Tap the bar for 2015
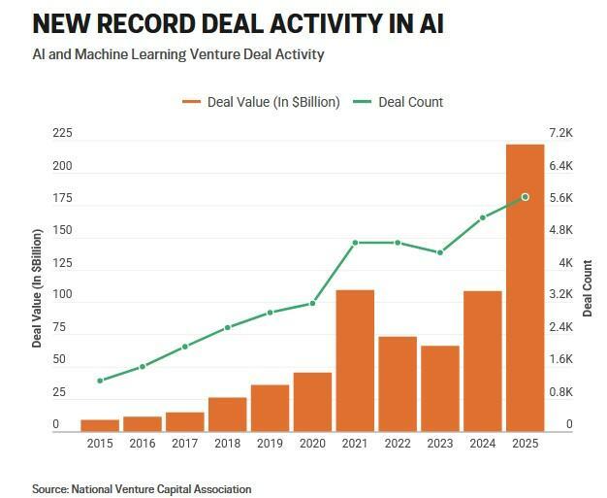[x=100, y=425]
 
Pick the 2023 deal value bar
[x=439, y=388]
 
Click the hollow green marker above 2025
[x=525, y=197]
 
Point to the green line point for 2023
[x=440, y=252]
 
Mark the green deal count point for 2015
[x=100, y=381]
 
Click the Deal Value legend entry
[x=262, y=102]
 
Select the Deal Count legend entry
[x=399, y=102]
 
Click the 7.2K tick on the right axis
[x=562, y=133]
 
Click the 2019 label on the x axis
[x=270, y=444]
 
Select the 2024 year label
[x=482, y=444]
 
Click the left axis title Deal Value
[x=38, y=288]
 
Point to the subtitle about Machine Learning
[x=178, y=54]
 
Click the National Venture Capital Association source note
[x=142, y=489]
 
